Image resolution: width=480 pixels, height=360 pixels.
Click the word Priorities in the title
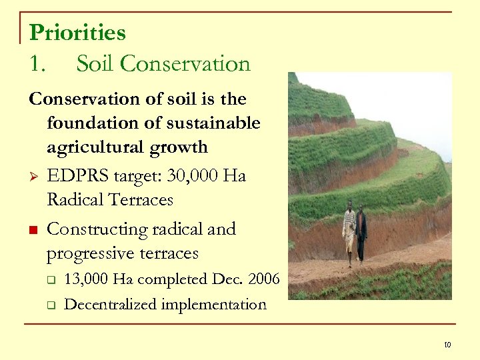[x=77, y=32]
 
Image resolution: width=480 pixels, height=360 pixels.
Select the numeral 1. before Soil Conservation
[x=38, y=64]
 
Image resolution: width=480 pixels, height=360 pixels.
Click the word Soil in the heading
[x=94, y=64]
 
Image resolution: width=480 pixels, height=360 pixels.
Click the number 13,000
[x=87, y=279]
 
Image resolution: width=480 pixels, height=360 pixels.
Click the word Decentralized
[x=109, y=305]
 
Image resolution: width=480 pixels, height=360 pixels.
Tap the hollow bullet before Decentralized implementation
[x=51, y=305]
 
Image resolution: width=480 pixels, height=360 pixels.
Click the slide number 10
[x=447, y=345]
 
